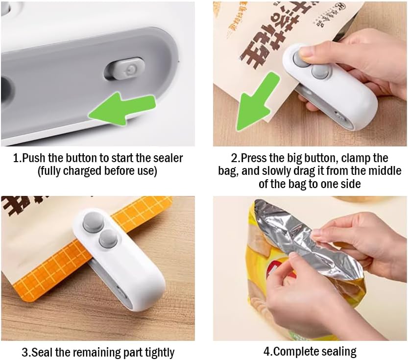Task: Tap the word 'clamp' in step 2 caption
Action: pyautogui.click(x=358, y=158)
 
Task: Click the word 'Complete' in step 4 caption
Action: pyautogui.click(x=296, y=351)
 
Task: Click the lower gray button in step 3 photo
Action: pyautogui.click(x=108, y=239)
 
